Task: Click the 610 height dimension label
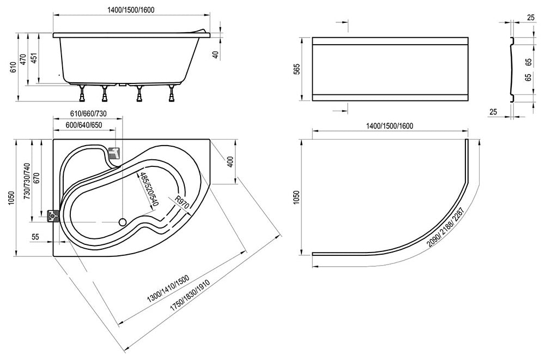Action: tap(14, 67)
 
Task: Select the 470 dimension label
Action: tap(23, 60)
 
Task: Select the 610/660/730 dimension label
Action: tap(88, 114)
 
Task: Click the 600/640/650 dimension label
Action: tap(84, 125)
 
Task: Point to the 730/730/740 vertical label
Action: tap(27, 181)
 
